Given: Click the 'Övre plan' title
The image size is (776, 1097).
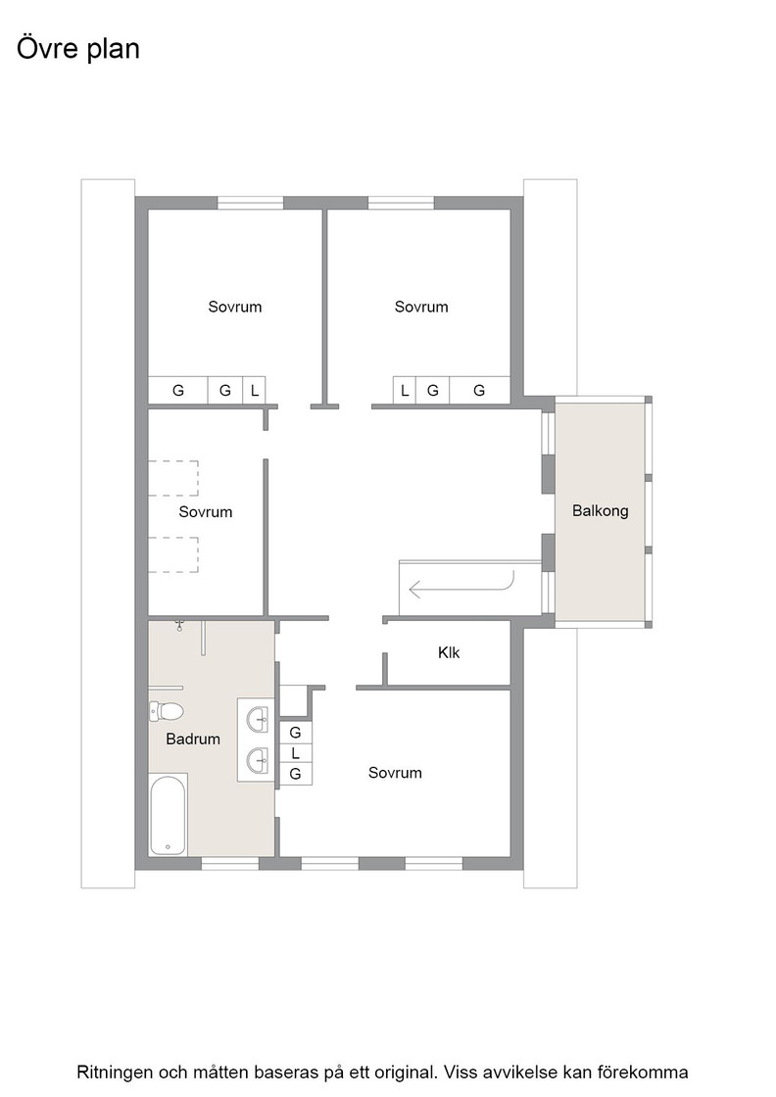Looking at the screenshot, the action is [x=78, y=49].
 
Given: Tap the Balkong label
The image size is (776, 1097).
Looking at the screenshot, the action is [x=601, y=510].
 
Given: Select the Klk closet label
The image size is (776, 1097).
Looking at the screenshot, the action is [x=449, y=652].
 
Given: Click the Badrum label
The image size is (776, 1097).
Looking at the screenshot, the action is [x=193, y=739].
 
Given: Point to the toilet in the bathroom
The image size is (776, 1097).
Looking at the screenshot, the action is [x=166, y=711].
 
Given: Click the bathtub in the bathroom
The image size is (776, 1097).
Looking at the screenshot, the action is [x=168, y=814].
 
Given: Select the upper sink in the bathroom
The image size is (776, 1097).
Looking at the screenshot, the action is [x=258, y=719].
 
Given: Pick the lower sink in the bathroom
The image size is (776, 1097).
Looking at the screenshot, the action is [x=258, y=760].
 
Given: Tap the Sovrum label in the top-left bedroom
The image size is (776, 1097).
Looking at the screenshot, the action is [x=235, y=307].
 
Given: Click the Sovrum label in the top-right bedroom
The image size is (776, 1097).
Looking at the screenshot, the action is [x=421, y=307].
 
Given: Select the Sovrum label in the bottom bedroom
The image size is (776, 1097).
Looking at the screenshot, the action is [x=395, y=773].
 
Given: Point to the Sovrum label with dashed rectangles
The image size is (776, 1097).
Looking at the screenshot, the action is [x=206, y=512].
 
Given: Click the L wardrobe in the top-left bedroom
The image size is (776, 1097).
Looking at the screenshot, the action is [x=254, y=391].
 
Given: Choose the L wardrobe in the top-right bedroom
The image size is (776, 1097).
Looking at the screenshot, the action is [x=405, y=391].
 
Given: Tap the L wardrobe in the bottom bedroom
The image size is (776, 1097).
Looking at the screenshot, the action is [x=295, y=753].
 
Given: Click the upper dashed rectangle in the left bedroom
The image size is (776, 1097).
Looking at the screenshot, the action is [x=173, y=479].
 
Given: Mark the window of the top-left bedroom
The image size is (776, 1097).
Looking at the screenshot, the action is [x=251, y=203].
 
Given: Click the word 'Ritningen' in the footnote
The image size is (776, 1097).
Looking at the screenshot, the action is [x=114, y=1073].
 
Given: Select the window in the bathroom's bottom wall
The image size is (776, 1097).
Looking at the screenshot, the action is [x=230, y=864].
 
